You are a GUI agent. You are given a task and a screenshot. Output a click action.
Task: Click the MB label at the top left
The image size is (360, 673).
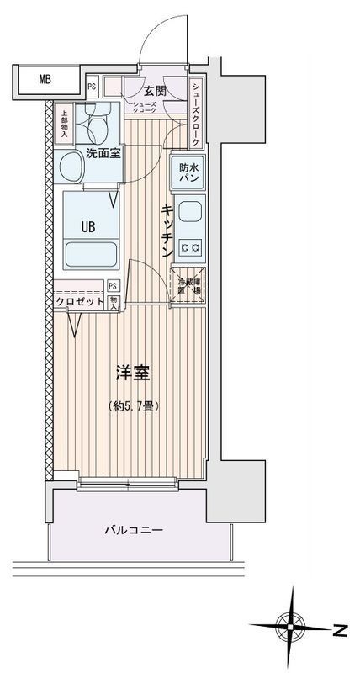[x=45, y=81]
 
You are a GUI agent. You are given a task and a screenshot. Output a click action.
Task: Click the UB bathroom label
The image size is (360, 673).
[x=87, y=225]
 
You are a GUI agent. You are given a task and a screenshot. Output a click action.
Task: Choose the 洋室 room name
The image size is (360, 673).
[x=134, y=372]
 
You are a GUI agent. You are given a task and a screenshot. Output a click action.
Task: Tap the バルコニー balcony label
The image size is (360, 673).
[x=134, y=531]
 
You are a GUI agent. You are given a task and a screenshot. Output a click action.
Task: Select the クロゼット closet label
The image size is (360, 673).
[x=81, y=301]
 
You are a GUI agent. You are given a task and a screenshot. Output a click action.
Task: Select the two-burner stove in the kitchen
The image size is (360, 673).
[x=190, y=246]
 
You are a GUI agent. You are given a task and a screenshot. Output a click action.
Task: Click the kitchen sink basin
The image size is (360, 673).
[x=190, y=212]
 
